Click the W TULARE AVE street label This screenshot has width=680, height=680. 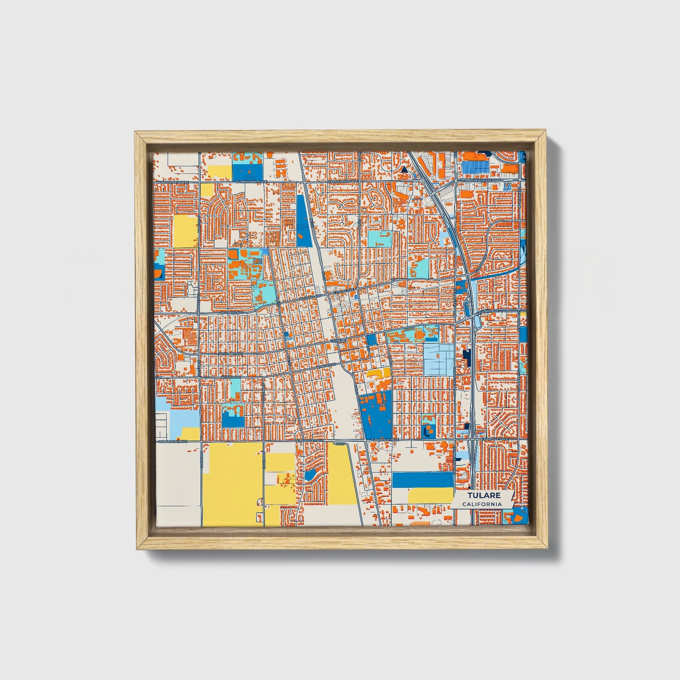pyautogui.click(x=231, y=353)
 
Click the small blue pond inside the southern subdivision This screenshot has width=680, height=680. pyautogui.click(x=310, y=474)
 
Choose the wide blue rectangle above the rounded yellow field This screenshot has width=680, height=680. pyautogui.click(x=423, y=480)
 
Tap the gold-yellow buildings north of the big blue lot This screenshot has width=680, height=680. pyautogui.click(x=378, y=374)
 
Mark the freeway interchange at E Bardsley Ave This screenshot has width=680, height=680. pyautogui.click(x=472, y=440)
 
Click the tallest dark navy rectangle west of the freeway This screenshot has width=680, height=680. pyautogui.click(x=467, y=358)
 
